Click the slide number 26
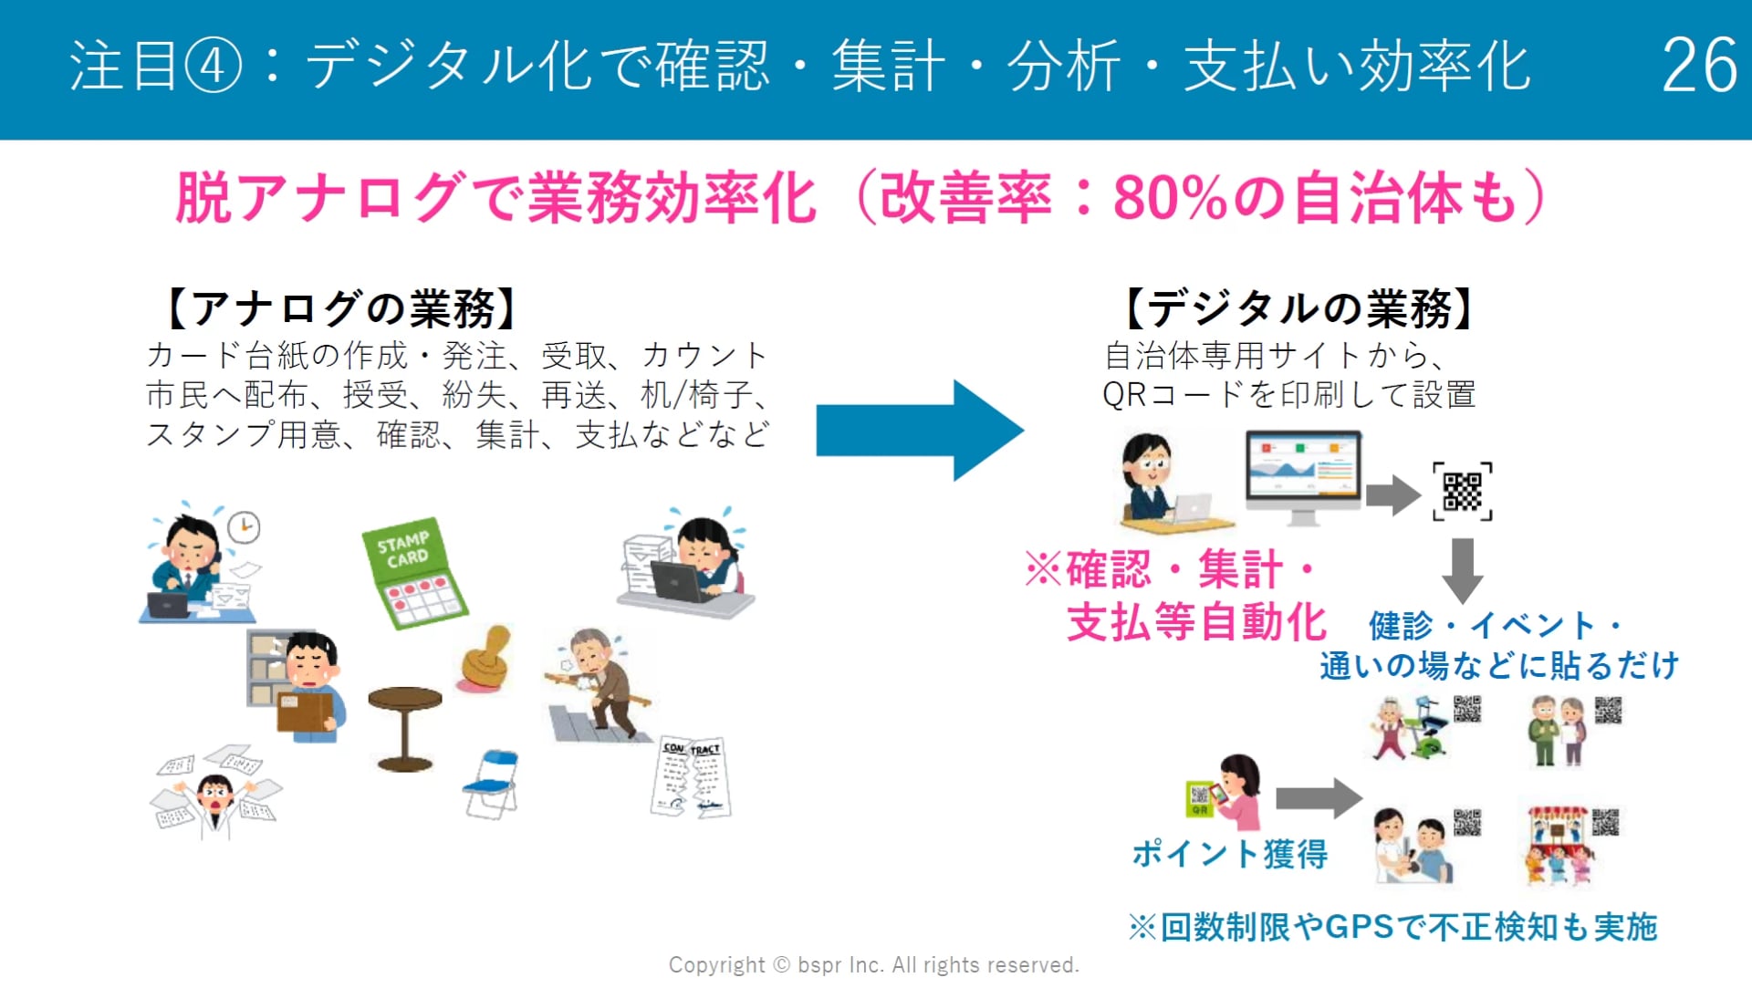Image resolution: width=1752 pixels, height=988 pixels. [x=1699, y=65]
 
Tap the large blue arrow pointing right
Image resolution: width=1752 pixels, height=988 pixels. [x=920, y=431]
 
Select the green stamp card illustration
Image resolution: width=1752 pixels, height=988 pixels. [x=414, y=574]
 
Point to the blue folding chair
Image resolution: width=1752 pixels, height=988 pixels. [x=491, y=784]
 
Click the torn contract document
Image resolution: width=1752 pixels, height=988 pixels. [x=692, y=776]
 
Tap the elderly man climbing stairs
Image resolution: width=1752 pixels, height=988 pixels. [x=599, y=685]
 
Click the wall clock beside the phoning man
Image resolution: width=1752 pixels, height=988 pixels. [x=244, y=527]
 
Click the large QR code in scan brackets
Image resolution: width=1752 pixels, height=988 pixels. [x=1462, y=492]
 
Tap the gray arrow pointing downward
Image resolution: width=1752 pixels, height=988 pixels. [x=1463, y=570]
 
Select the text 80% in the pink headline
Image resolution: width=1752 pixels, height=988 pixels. [x=1171, y=198]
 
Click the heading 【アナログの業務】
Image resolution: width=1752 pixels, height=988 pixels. [x=343, y=308]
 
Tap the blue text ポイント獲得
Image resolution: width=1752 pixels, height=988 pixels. [x=1230, y=854]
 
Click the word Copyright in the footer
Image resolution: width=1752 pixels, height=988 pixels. [x=717, y=965]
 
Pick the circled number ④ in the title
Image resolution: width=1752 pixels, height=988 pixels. [x=214, y=67]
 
